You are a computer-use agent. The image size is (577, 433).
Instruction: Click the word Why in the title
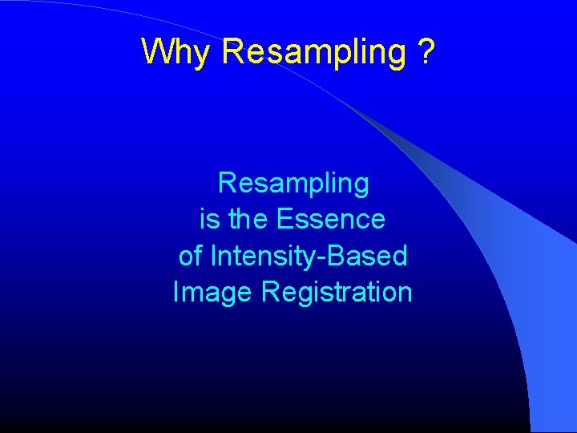pos(176,52)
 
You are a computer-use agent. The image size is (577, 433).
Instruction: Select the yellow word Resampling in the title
pos(314,52)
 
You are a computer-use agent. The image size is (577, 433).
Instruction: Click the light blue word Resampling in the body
pos(293,184)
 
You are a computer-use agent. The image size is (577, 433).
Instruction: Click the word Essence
pos(331,219)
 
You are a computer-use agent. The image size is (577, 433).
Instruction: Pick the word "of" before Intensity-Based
pos(191,256)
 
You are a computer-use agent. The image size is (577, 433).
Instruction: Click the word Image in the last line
pos(212,293)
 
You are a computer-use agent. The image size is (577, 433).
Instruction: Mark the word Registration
pos(337,293)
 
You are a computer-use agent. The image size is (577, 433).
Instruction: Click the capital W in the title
pos(155,52)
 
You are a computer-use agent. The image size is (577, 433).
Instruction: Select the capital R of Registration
pos(268,293)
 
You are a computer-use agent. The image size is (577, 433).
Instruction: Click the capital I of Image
pos(176,293)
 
